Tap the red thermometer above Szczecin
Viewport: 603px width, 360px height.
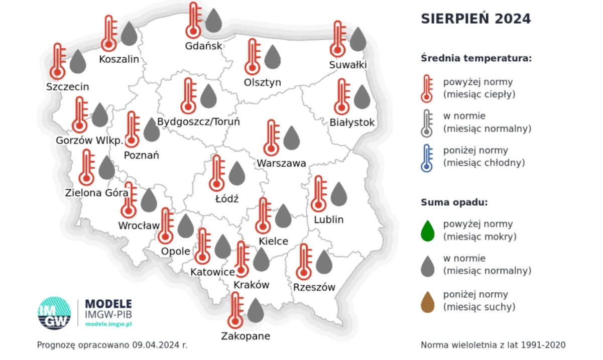(58, 61)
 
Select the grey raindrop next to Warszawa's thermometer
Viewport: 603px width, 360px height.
(291, 138)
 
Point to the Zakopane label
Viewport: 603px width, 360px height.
(246, 336)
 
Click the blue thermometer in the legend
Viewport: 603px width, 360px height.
(427, 157)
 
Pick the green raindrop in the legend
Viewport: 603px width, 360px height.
(427, 230)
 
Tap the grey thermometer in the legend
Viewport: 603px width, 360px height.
(427, 123)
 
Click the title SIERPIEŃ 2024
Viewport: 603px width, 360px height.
(475, 19)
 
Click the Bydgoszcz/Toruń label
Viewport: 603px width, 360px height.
(198, 122)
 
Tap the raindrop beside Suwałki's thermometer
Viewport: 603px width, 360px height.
(357, 40)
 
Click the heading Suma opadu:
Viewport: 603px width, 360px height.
(454, 203)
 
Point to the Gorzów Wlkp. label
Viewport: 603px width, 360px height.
(89, 140)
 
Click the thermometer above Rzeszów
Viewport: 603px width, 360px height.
(303, 261)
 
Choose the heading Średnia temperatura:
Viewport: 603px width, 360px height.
(475, 58)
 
